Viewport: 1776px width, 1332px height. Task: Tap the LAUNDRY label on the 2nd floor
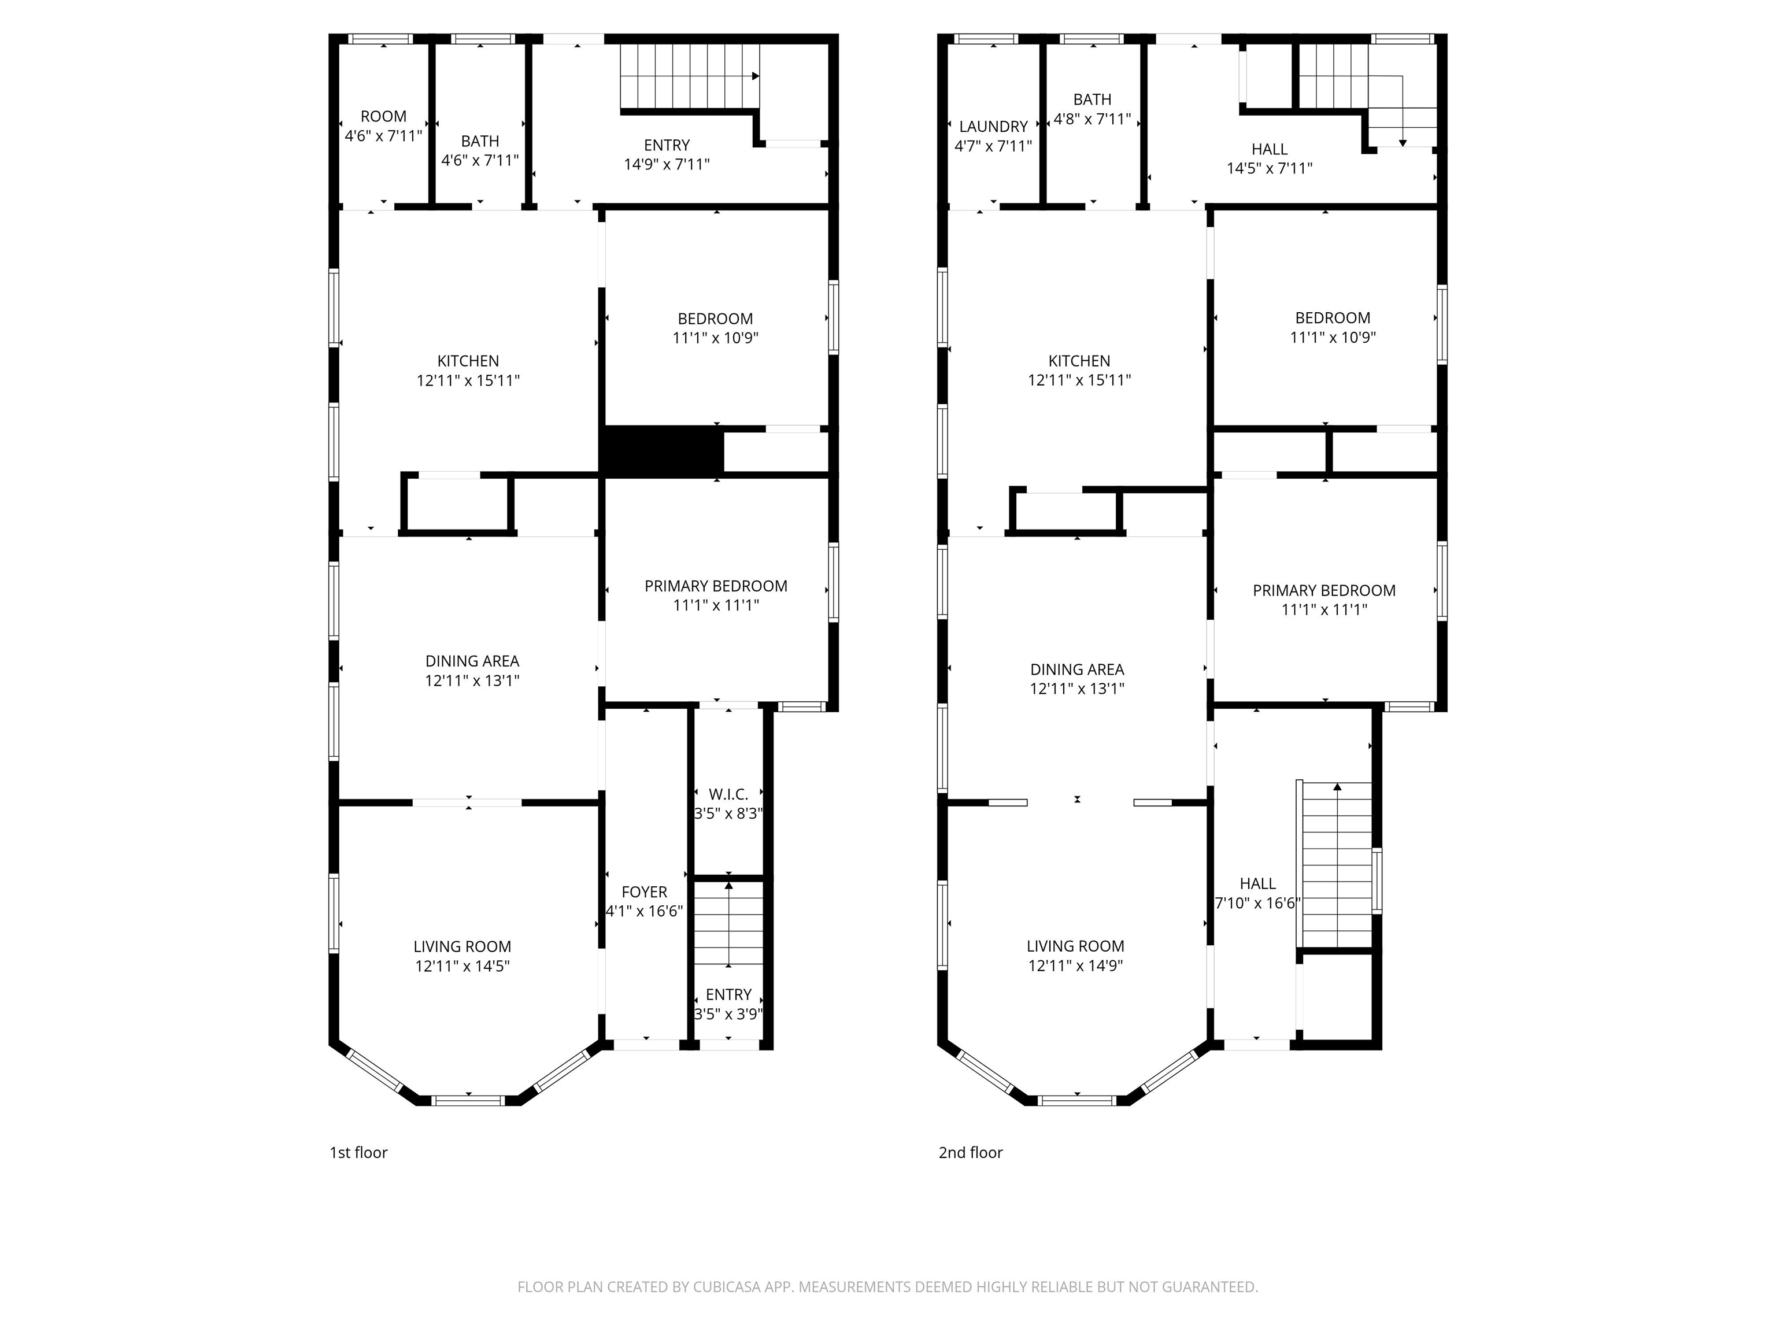(x=993, y=127)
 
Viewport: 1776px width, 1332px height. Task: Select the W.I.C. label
(x=728, y=794)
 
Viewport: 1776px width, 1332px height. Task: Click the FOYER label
(x=644, y=892)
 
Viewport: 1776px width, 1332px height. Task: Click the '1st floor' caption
(x=358, y=1153)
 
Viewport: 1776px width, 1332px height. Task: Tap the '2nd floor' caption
(x=971, y=1153)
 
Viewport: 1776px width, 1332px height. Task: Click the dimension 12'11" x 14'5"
(x=462, y=967)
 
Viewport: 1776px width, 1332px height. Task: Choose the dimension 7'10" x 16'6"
(x=1257, y=903)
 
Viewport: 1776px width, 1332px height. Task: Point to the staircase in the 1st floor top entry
(x=689, y=76)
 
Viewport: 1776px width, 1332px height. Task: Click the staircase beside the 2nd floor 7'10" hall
(x=1336, y=867)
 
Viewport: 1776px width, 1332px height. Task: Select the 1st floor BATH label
(x=480, y=141)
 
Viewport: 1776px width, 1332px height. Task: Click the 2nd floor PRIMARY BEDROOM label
(x=1324, y=591)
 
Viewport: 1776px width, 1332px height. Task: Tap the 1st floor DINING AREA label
(x=472, y=661)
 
